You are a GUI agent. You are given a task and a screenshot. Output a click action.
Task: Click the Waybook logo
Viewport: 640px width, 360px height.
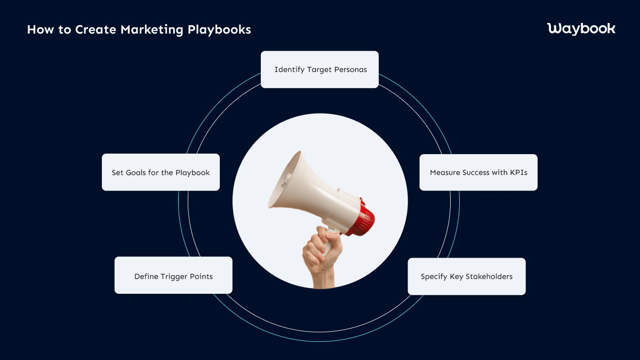tap(581, 29)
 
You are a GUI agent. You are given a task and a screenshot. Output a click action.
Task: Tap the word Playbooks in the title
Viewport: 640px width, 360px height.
tap(219, 30)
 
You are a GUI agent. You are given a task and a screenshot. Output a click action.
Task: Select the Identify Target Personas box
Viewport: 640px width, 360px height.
tap(320, 69)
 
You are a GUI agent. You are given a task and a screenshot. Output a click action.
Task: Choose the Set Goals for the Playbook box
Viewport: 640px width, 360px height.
tap(161, 172)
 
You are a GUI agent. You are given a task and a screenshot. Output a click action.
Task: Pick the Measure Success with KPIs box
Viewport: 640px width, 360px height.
tap(478, 172)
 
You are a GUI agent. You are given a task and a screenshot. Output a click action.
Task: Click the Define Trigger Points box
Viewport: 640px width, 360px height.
tap(173, 276)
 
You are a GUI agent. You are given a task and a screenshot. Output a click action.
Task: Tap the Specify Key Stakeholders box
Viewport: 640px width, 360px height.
tap(467, 276)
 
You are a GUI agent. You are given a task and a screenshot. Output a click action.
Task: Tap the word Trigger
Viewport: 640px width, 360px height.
tap(170, 276)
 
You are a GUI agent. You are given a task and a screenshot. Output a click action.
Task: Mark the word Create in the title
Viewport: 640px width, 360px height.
tap(96, 30)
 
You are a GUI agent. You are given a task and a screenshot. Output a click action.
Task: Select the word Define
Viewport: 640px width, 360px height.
tap(146, 276)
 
